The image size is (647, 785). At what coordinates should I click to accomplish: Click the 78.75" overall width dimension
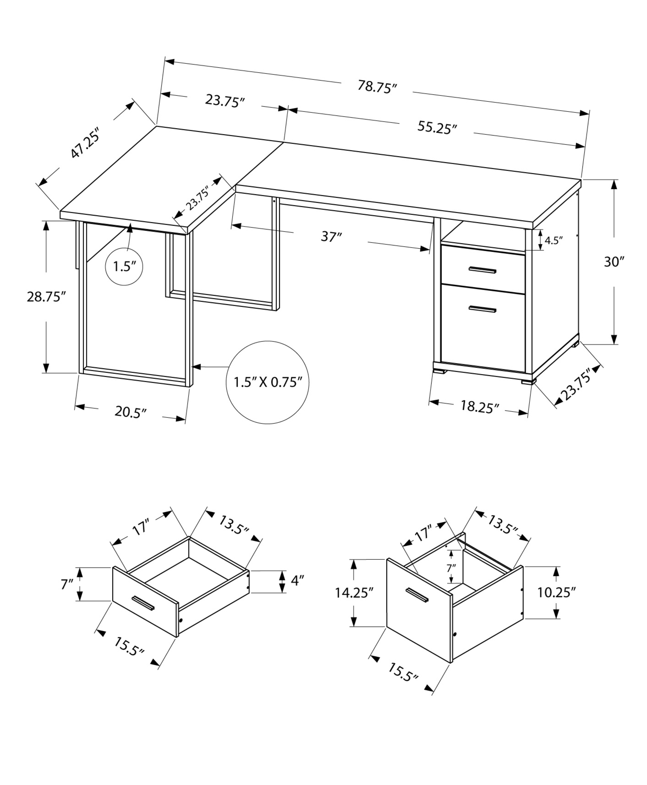[377, 87]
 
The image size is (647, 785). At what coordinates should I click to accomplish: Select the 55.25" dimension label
[437, 128]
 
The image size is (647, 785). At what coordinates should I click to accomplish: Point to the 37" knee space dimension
[331, 237]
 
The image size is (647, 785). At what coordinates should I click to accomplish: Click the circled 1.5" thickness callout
[124, 267]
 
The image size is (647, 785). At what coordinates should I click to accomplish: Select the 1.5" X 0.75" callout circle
[267, 382]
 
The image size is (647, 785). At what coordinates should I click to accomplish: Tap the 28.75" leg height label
[46, 296]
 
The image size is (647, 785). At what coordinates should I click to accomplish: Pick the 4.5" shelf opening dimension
[554, 240]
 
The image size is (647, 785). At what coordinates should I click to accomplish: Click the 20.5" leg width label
[130, 412]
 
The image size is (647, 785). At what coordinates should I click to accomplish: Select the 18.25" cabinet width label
[479, 407]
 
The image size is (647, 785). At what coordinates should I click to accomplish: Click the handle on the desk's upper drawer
[482, 270]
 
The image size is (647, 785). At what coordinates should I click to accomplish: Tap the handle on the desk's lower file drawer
[482, 309]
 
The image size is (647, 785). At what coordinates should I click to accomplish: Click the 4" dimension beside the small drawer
[298, 581]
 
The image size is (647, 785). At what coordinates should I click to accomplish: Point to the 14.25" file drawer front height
[354, 592]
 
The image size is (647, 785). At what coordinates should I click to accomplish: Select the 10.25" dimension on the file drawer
[556, 592]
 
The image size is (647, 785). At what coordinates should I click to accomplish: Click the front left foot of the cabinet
[440, 370]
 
